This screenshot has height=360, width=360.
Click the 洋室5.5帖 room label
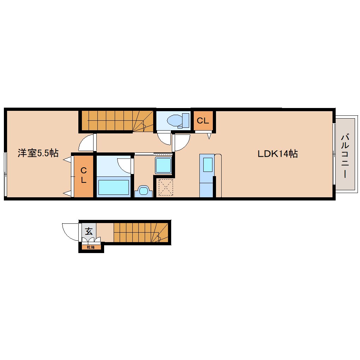(38, 153)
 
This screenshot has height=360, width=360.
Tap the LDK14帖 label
(277, 154)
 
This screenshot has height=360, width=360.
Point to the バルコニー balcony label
(345, 156)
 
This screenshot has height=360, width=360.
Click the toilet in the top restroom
(178, 120)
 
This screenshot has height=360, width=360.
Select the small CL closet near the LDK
(203, 121)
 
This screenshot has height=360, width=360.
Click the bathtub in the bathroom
(113, 187)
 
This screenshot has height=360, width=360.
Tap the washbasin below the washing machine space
(143, 191)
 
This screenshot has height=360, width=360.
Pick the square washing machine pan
(163, 165)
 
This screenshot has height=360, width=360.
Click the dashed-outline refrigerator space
(166, 187)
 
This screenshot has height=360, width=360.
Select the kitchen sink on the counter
(208, 165)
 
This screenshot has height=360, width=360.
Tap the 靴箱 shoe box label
(91, 247)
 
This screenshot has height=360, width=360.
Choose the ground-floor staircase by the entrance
(141, 232)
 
